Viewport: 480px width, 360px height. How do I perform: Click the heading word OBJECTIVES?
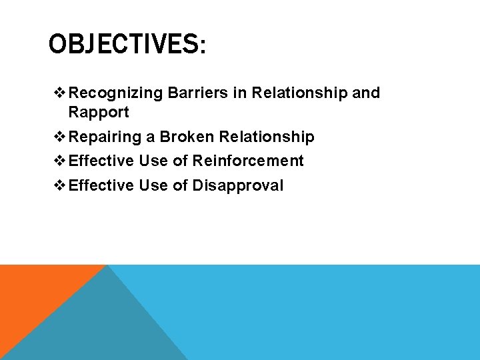(122, 45)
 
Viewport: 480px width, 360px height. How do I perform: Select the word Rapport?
(99, 112)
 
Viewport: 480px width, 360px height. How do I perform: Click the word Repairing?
(105, 137)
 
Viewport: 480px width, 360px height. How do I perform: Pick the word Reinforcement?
(248, 161)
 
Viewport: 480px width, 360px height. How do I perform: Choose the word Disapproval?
(238, 185)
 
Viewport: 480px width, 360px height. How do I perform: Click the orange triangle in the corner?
(33, 293)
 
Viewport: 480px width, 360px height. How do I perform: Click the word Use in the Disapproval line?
(153, 185)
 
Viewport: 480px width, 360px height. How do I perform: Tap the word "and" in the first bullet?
(366, 93)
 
